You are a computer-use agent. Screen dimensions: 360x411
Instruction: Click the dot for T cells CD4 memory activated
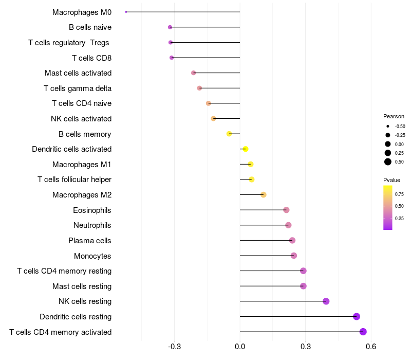363,332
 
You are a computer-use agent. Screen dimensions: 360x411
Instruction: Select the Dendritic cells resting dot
357,317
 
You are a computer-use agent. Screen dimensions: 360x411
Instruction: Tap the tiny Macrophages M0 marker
126,12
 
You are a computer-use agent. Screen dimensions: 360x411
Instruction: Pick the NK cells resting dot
326,301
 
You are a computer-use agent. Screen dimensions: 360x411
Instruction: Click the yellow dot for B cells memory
229,134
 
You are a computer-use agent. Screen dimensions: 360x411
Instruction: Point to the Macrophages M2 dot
264,194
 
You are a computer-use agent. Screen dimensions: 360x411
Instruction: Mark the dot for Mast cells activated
194,73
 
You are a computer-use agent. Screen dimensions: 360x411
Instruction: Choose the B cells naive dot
170,27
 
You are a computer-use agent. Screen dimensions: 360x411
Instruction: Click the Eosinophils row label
92,210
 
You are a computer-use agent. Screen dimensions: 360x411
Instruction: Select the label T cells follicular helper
74,179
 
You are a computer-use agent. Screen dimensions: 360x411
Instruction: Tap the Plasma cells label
90,240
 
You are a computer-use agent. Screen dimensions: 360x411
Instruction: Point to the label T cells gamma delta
78,88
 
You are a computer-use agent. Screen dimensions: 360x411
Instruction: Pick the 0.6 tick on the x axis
371,346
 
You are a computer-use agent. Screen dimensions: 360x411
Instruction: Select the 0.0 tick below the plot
240,346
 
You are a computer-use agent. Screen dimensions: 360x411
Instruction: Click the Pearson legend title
394,116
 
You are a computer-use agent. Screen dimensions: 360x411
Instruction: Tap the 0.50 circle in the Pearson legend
388,162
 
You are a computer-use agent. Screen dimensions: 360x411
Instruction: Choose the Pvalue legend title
391,180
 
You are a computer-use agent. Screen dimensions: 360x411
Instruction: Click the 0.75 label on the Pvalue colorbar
399,194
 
